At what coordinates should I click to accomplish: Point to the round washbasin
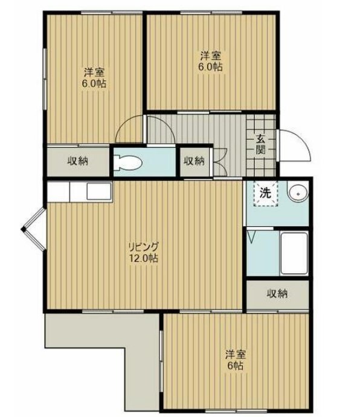click(x=296, y=193)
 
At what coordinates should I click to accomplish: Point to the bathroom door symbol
click(x=252, y=238)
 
